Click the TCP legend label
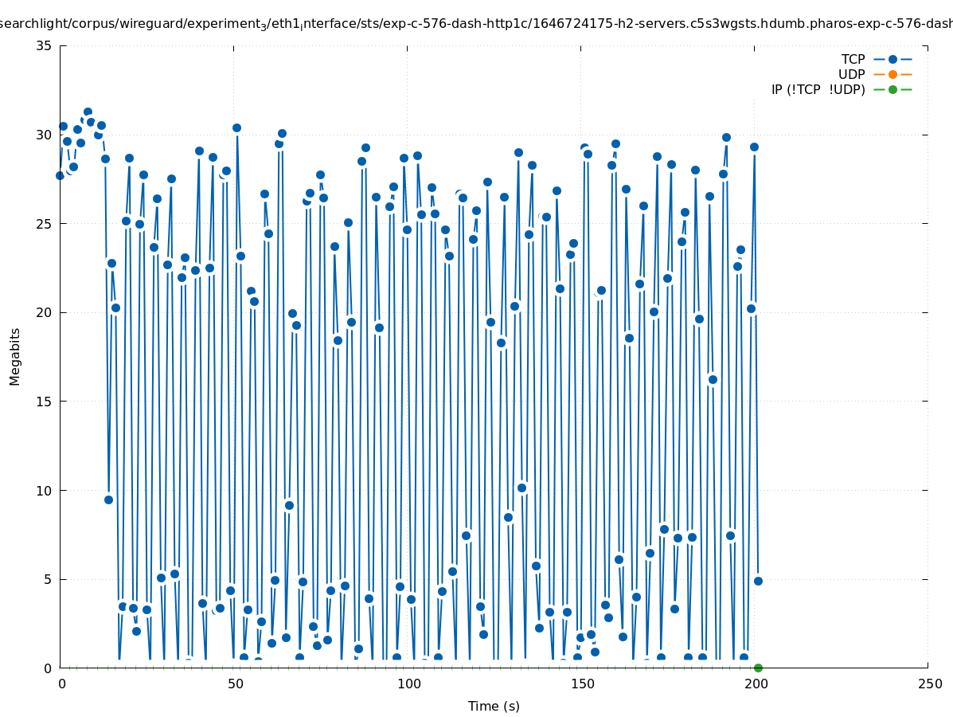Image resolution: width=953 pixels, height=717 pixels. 853,59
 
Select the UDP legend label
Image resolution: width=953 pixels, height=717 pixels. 851,74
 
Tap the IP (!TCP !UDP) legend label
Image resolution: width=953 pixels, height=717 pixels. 818,89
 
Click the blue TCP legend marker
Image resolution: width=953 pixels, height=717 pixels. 892,59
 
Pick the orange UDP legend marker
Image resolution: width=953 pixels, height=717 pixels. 892,74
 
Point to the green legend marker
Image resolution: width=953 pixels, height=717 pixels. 892,89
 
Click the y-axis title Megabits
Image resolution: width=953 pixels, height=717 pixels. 15,356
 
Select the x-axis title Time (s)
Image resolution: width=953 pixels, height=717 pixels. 494,706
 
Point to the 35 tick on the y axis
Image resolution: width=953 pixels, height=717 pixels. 45,45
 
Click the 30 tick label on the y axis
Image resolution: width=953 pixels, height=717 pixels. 45,135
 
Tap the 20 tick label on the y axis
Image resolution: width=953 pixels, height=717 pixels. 45,312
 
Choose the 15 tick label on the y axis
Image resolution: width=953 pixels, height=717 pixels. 45,402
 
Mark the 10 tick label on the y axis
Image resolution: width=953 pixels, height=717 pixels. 45,491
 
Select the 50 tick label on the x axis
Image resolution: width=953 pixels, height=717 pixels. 235,684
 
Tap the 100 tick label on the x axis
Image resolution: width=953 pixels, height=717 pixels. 408,684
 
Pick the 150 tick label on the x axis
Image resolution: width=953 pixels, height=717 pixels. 582,684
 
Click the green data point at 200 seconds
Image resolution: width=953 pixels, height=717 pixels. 758,668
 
